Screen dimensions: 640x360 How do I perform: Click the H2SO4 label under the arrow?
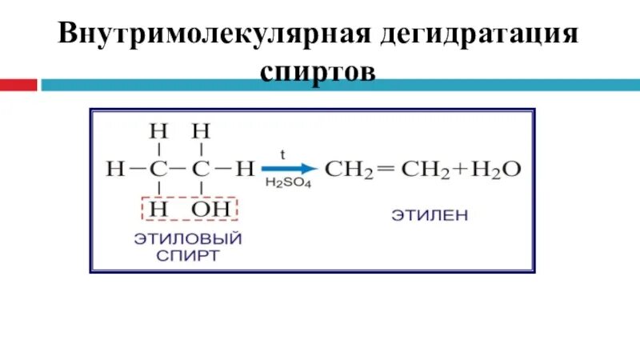point(288,184)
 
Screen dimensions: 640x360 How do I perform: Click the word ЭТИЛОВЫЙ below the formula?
point(188,238)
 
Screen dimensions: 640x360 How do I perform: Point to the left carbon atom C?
point(160,170)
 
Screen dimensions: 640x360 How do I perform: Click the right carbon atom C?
point(202,170)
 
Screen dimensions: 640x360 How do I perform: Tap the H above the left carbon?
point(160,130)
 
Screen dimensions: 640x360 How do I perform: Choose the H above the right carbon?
point(202,130)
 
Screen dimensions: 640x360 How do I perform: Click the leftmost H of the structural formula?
point(116,170)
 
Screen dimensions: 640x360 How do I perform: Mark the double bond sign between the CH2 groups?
point(386,169)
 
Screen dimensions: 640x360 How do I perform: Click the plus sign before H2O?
point(459,170)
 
